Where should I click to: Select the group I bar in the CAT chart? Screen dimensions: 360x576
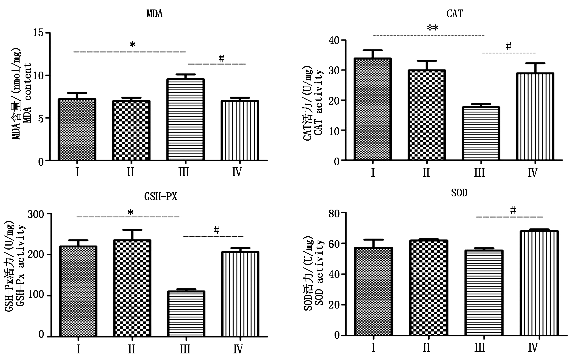pyautogui.click(x=373, y=109)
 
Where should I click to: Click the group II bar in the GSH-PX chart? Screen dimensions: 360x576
pyautogui.click(x=132, y=288)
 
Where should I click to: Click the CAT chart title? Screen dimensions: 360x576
pyautogui.click(x=455, y=14)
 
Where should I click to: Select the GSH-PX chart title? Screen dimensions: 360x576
pyautogui.click(x=161, y=196)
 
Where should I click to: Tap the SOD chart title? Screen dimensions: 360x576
pyautogui.click(x=459, y=193)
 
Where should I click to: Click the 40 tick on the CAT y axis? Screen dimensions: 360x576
pyautogui.click(x=335, y=40)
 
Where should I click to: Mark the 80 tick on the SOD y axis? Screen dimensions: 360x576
pyautogui.click(x=335, y=213)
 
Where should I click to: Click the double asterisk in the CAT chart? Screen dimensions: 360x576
pyautogui.click(x=433, y=28)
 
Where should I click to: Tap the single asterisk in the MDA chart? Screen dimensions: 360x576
pyautogui.click(x=133, y=45)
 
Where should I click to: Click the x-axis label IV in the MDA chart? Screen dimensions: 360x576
pyautogui.click(x=237, y=172)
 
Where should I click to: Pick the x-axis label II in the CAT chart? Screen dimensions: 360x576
pyautogui.click(x=426, y=173)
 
